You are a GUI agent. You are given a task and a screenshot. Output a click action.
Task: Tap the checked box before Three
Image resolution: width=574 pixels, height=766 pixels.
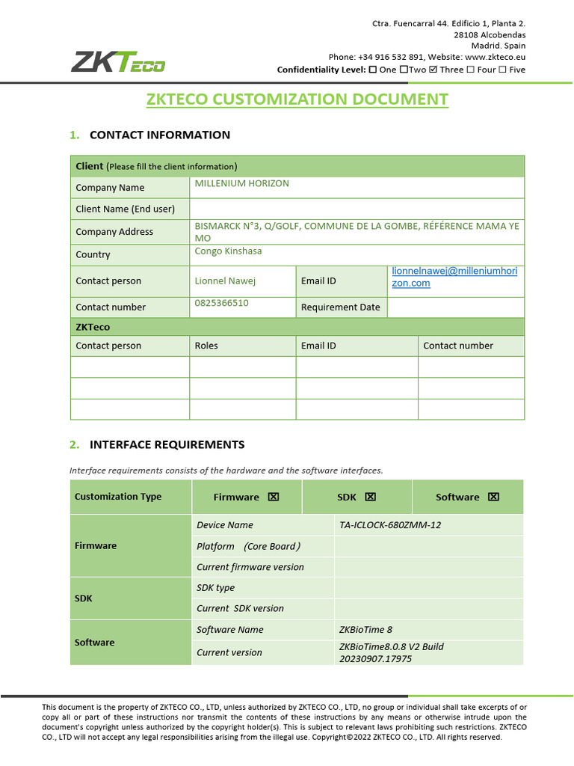click(x=433, y=70)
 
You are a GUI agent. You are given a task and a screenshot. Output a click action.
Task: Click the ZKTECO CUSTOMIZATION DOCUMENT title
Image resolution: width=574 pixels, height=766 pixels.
click(x=297, y=99)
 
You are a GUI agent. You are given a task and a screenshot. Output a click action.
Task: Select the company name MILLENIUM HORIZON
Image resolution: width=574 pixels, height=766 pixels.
click(x=241, y=183)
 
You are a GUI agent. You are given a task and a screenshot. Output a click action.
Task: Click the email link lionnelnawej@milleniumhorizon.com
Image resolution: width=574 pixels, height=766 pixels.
click(x=454, y=277)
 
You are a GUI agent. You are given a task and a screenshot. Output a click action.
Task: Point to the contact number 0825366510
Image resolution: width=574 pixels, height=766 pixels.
click(x=221, y=303)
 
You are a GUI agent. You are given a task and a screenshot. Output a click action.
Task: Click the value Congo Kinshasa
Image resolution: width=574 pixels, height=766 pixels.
click(x=228, y=251)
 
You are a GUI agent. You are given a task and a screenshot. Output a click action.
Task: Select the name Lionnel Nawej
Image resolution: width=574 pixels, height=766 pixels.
click(x=225, y=281)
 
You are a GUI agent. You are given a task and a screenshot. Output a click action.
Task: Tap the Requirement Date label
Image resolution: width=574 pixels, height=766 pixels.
click(x=340, y=307)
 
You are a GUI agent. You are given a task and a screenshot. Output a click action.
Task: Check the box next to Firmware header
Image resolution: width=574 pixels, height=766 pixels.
click(x=273, y=497)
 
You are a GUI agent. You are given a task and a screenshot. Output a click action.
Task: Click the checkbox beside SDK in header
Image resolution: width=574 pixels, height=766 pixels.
click(x=370, y=497)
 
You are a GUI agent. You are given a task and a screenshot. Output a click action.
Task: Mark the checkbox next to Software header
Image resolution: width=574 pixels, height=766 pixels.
click(x=493, y=497)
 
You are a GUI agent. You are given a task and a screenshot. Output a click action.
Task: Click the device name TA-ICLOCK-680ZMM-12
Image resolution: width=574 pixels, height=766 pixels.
click(x=389, y=525)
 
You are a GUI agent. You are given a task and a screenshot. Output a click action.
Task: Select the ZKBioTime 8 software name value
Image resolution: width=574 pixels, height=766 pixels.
click(x=365, y=630)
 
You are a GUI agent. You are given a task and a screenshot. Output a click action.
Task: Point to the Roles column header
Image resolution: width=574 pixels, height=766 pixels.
click(x=206, y=346)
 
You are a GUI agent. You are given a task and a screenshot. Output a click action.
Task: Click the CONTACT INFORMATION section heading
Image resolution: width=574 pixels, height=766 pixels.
click(x=159, y=135)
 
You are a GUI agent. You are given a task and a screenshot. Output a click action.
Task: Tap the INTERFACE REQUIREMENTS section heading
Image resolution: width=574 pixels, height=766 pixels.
click(x=167, y=444)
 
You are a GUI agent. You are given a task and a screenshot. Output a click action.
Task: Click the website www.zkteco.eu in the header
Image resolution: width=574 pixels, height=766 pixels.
click(x=495, y=57)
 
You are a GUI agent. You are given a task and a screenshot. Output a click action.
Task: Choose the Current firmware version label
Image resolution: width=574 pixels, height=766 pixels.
click(x=250, y=567)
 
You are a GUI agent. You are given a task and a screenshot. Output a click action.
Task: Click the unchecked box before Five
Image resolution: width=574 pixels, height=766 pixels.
click(x=502, y=70)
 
